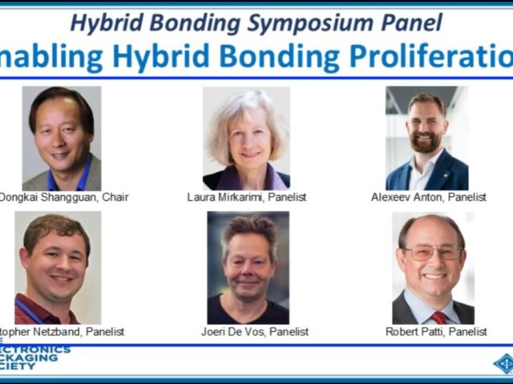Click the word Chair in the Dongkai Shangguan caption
coord(113,197)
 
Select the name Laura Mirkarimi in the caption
coord(224,197)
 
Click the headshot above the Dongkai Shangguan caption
coord(61,138)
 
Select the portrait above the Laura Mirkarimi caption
coord(245,138)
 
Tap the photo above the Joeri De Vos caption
coord(248,267)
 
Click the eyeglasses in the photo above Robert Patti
coord(432,251)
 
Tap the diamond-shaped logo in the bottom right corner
coord(503,363)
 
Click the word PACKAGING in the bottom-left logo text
coord(30,358)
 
